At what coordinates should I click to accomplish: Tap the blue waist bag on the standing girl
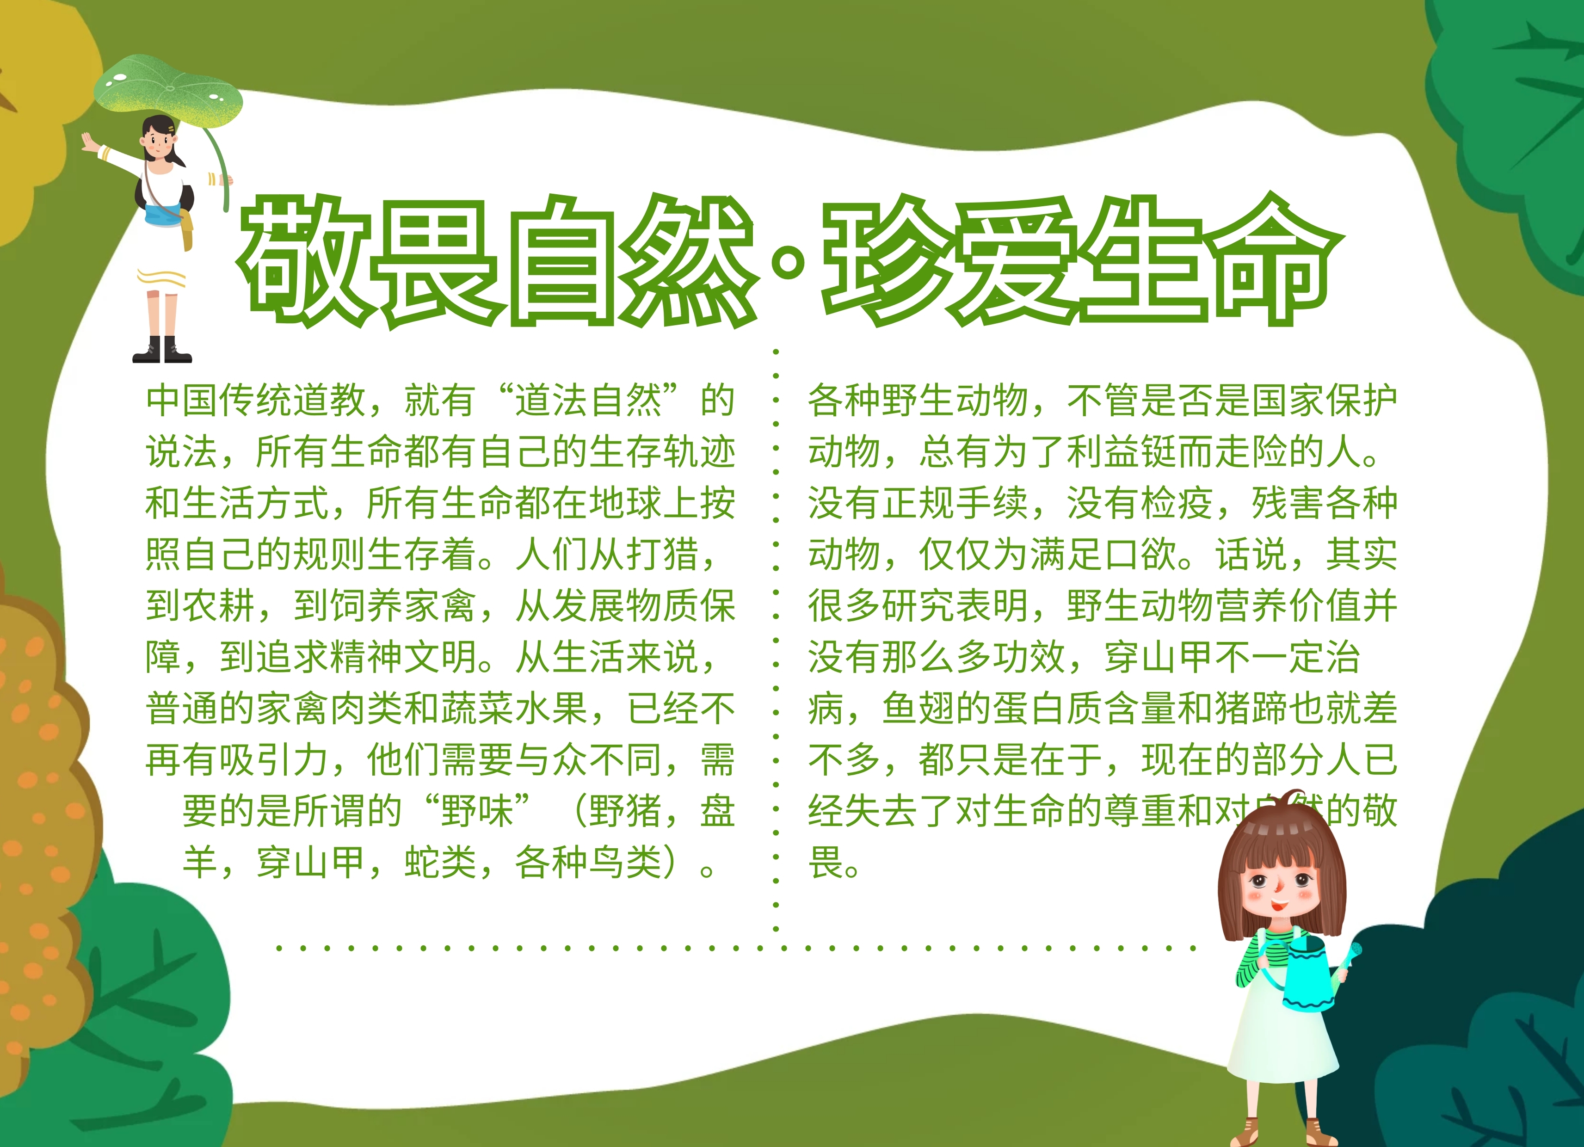(165, 213)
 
